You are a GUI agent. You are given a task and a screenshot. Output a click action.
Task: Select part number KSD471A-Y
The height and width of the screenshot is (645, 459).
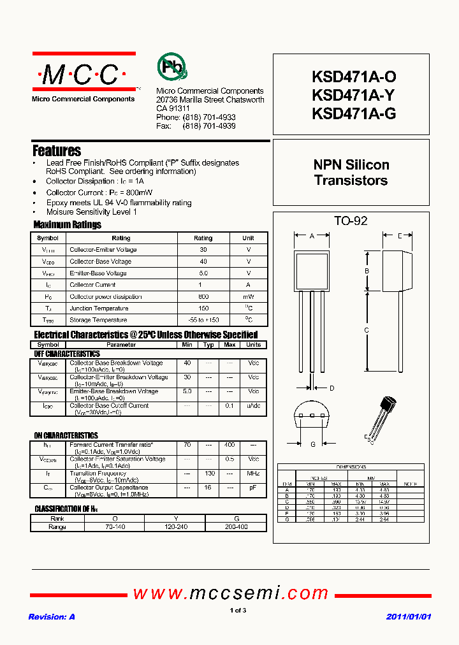pos(354,96)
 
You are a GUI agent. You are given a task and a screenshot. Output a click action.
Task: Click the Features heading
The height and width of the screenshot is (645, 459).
pos(57,151)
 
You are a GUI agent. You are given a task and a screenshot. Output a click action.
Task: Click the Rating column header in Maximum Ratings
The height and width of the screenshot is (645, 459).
pos(203,238)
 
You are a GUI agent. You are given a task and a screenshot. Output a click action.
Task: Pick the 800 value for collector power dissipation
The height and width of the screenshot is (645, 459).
pos(203,297)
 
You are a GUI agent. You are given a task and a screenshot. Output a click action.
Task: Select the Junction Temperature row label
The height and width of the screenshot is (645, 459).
pos(99,308)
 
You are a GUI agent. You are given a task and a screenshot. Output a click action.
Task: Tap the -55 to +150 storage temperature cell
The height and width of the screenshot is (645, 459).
pos(203,320)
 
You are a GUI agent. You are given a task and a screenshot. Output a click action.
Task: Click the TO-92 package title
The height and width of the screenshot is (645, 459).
pos(351,221)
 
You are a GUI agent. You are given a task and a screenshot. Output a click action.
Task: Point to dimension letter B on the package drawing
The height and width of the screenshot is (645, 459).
pos(367,271)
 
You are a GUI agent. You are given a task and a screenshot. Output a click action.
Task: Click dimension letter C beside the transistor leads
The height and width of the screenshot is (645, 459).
pos(367,330)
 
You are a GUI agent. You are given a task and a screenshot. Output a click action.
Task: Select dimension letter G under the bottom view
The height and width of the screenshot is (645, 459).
pos(313,444)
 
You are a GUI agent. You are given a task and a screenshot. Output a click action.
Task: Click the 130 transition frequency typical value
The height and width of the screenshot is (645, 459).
pos(208,474)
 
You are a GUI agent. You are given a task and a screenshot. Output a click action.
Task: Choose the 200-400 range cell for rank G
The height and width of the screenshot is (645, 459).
pos(236,527)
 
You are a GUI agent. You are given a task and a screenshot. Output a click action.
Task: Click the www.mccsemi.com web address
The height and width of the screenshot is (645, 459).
pos(230,593)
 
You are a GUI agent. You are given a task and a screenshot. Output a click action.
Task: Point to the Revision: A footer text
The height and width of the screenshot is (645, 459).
pos(52,617)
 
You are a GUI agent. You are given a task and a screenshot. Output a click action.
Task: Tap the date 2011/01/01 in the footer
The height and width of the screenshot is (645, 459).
pos(409,617)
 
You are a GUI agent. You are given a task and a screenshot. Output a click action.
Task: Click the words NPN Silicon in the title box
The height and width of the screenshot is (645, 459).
pos(351,164)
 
